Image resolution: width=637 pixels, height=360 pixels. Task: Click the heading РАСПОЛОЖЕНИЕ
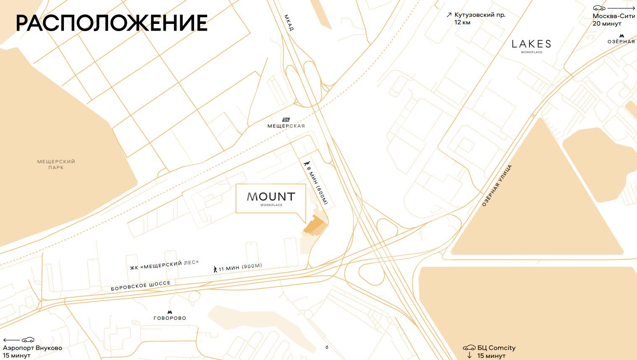point(112,23)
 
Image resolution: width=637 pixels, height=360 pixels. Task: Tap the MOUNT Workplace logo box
point(270,198)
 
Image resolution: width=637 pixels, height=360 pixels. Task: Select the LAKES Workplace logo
point(531,45)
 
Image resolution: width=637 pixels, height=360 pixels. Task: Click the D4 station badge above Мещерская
point(286,120)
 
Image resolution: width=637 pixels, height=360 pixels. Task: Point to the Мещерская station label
point(286,126)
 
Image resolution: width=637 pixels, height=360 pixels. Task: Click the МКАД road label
point(289,23)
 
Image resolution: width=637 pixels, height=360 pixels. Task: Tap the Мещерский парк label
point(56,164)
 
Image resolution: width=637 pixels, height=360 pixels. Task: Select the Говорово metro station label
point(170,318)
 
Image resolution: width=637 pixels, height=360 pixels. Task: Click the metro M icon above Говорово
point(170,312)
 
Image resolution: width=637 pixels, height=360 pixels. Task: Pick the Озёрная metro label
point(621,42)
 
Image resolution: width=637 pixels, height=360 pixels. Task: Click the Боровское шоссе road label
point(141,286)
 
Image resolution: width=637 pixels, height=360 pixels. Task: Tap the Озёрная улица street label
point(497,185)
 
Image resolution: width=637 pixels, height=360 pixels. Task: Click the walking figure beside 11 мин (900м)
point(215,269)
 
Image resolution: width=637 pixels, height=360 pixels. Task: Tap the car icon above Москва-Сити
point(599,8)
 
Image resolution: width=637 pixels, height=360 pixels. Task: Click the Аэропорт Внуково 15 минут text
point(32,352)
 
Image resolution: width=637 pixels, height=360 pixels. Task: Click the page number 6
point(327,347)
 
